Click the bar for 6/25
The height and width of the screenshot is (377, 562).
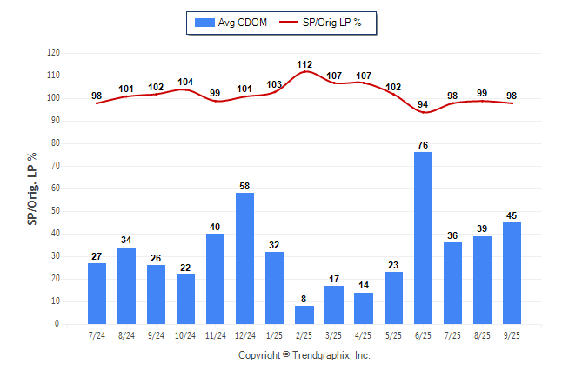click(x=423, y=238)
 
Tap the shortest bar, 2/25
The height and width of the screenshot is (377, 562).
click(x=304, y=314)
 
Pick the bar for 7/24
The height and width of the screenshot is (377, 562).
click(x=97, y=293)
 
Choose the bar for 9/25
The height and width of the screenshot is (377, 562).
click(x=512, y=273)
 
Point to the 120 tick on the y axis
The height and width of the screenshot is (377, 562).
click(x=53, y=53)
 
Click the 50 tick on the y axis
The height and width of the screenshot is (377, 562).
click(x=55, y=211)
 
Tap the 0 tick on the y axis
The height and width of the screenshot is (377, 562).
click(x=57, y=324)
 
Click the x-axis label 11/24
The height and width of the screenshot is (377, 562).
click(x=216, y=335)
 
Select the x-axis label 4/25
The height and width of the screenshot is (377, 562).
click(x=364, y=335)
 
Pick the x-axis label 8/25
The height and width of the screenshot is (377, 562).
click(x=482, y=335)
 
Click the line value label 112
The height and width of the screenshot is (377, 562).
click(x=304, y=64)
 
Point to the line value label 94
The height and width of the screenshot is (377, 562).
click(x=423, y=105)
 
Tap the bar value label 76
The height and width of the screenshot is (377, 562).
click(x=423, y=145)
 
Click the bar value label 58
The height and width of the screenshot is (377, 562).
click(x=245, y=186)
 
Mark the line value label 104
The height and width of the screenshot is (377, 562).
click(x=186, y=83)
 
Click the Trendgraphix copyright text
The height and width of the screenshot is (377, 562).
click(x=304, y=355)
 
